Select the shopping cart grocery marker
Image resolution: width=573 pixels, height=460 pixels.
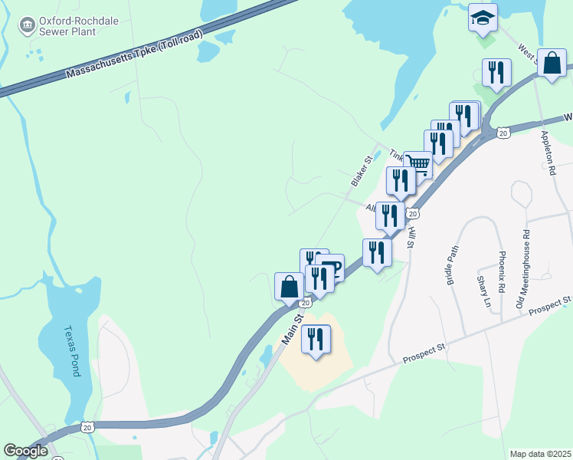click(418, 163)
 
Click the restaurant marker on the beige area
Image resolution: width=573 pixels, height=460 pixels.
click(316, 339)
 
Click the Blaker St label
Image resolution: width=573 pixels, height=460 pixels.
click(361, 171)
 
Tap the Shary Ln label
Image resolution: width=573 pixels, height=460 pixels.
click(483, 292)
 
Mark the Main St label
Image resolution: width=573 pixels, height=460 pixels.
click(292, 326)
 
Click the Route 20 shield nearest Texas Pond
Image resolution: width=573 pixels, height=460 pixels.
click(87, 426)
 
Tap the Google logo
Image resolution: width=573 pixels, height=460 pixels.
click(25, 451)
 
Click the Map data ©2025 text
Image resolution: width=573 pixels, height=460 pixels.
click(540, 454)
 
